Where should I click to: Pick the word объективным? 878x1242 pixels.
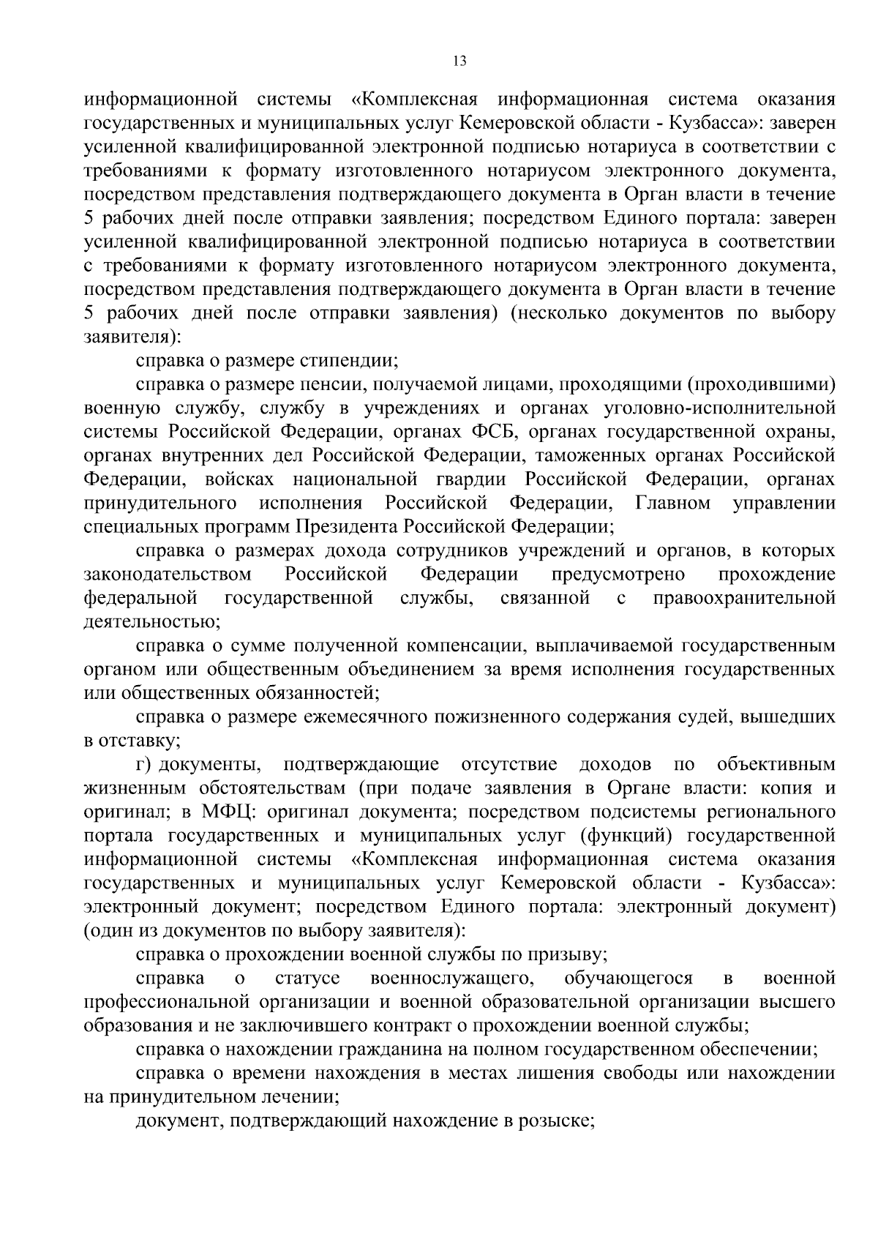(x=776, y=765)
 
